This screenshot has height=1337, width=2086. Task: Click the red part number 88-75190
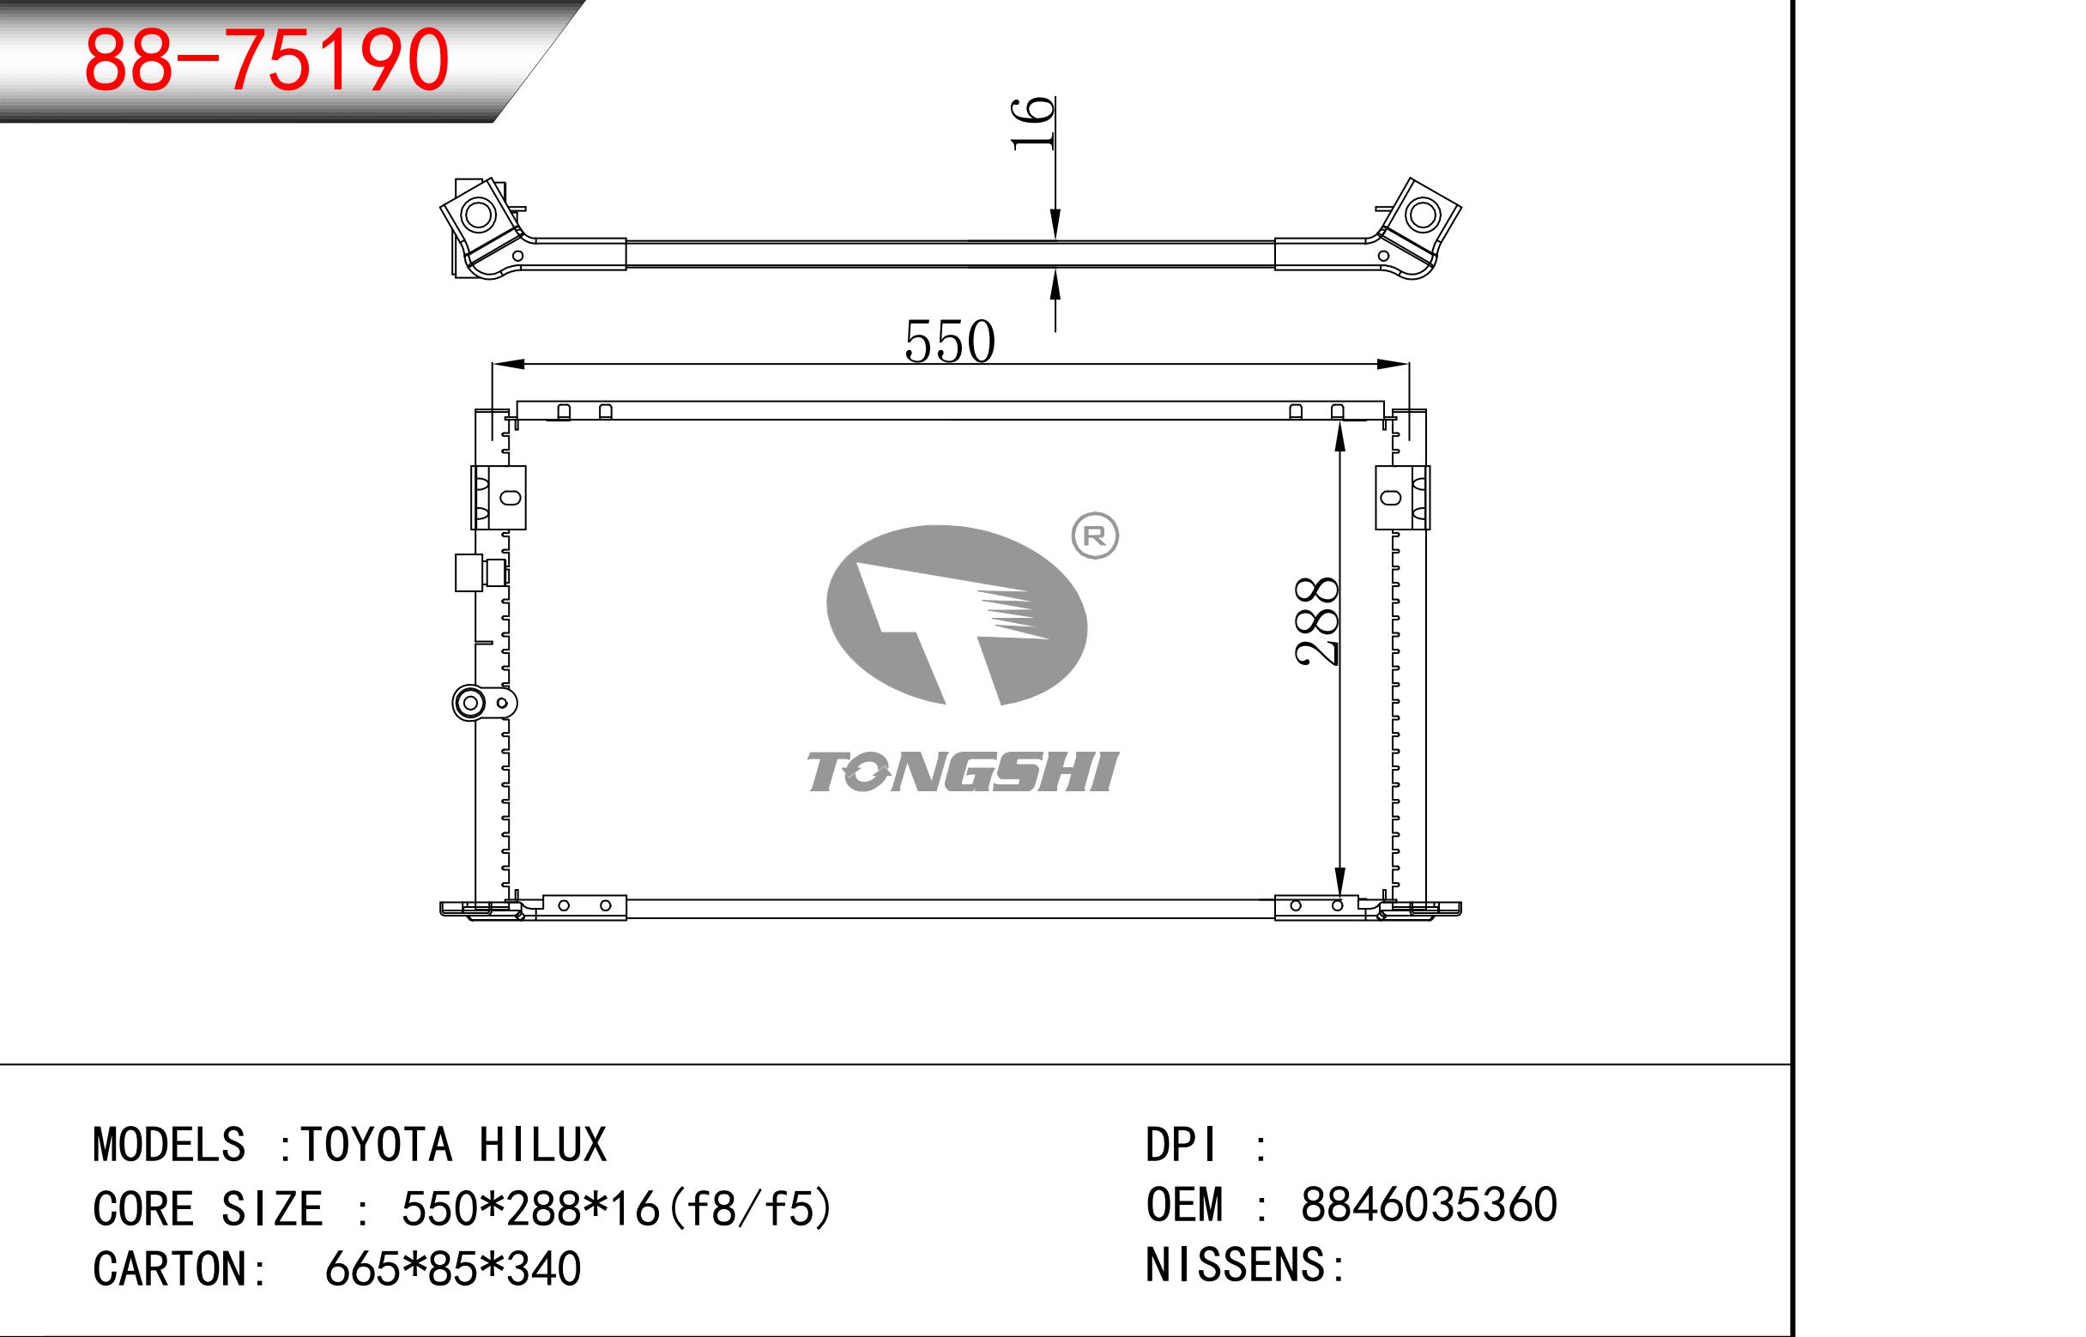coord(267,59)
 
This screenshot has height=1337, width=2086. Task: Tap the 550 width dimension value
coord(950,342)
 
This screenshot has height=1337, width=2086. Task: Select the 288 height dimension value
coord(1317,620)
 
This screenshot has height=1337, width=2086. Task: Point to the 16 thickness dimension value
coord(1033,124)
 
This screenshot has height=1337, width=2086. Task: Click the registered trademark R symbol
coord(1096,535)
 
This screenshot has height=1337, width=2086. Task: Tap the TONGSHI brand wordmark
coord(963,771)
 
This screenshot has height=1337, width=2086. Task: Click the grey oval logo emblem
coord(957,614)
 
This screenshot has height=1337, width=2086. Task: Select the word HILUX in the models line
coord(542,1144)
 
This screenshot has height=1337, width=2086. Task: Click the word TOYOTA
coord(377,1144)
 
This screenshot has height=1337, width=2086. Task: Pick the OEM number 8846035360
coord(1429,1204)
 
